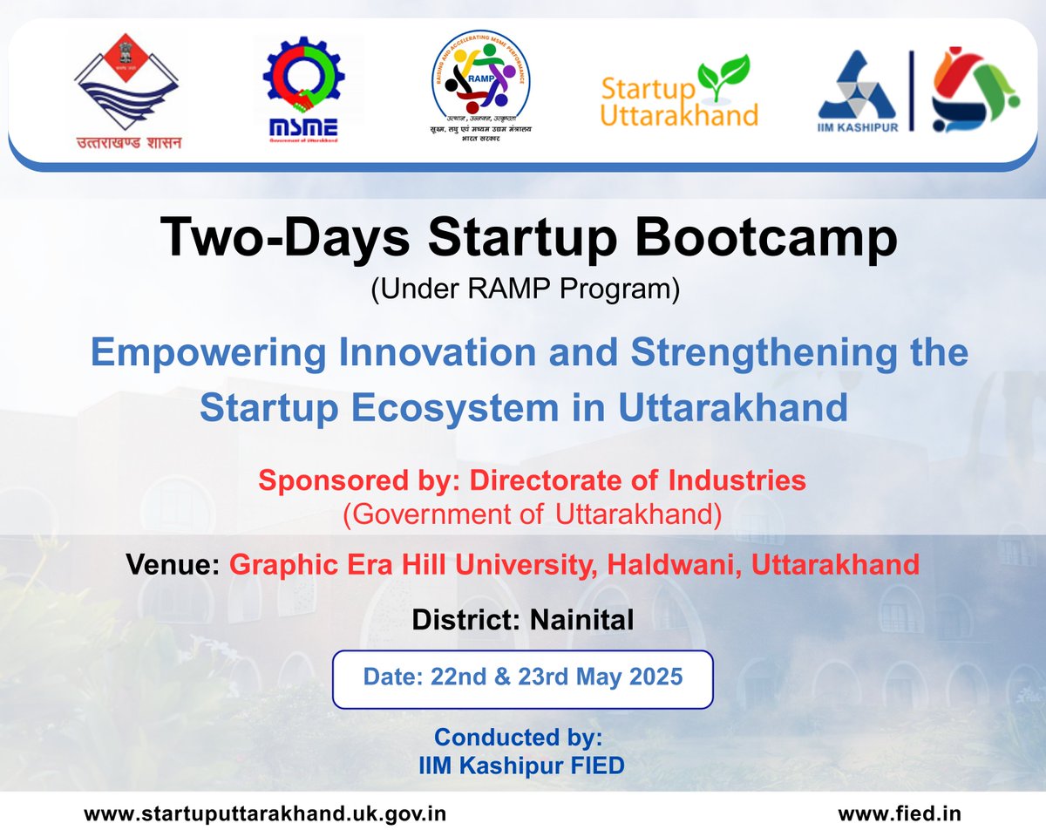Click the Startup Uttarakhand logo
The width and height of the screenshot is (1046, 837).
679,91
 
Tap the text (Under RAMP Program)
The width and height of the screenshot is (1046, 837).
524,289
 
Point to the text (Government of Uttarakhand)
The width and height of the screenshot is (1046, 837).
532,514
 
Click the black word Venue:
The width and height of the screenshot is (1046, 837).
173,565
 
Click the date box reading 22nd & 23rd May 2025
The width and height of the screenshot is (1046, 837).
523,677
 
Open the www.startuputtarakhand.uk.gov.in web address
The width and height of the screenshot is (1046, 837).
265,814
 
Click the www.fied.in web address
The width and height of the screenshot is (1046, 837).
899,814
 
